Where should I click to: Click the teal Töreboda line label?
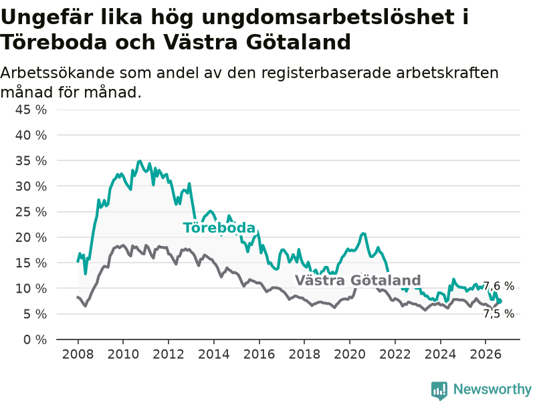click(x=219, y=228)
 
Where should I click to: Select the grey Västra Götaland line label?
click(x=358, y=280)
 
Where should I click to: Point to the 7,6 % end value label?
click(x=498, y=286)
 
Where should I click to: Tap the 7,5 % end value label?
click(x=498, y=313)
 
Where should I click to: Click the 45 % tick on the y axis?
click(x=31, y=110)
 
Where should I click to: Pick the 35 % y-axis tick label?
click(x=31, y=160)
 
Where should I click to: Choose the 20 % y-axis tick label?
click(x=31, y=237)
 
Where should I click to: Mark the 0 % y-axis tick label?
click(x=35, y=340)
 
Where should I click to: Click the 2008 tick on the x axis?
click(x=78, y=354)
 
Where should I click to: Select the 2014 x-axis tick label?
click(x=214, y=354)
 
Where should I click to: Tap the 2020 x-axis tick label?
click(x=350, y=354)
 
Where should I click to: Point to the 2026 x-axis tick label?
click(x=486, y=354)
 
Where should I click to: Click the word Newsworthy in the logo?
click(x=492, y=389)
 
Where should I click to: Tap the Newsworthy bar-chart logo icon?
click(x=439, y=390)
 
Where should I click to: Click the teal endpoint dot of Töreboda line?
click(x=499, y=301)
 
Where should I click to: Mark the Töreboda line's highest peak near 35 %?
click(x=140, y=161)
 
